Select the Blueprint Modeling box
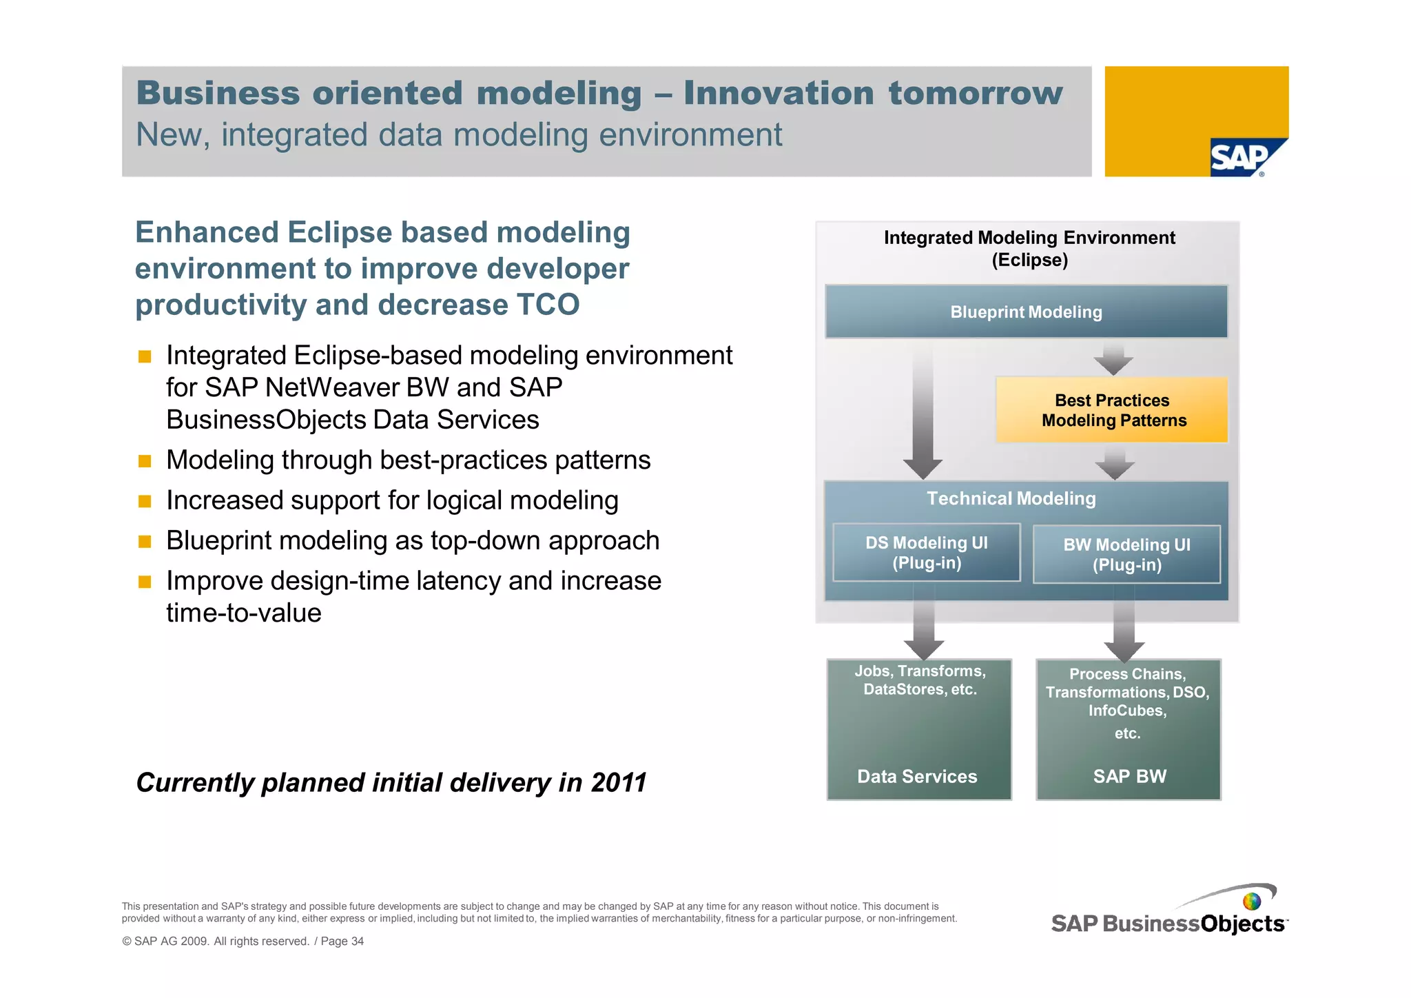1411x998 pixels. tap(1026, 312)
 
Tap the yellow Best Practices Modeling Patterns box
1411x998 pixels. tap(1112, 410)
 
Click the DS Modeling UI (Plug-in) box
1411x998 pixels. tap(926, 553)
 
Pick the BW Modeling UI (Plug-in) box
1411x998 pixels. tap(1126, 555)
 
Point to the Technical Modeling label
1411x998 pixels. tap(1011, 498)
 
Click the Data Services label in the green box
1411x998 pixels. tap(917, 777)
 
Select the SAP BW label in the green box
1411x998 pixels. tap(1129, 777)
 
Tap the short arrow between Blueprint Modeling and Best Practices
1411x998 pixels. tap(1113, 358)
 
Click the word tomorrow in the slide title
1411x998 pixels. tap(975, 94)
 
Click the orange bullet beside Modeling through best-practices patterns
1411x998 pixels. tap(145, 461)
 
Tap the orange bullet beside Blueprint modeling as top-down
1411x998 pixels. tap(145, 542)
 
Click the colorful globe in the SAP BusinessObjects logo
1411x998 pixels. tap(1251, 902)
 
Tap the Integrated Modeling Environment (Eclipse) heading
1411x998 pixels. tap(1029, 249)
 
